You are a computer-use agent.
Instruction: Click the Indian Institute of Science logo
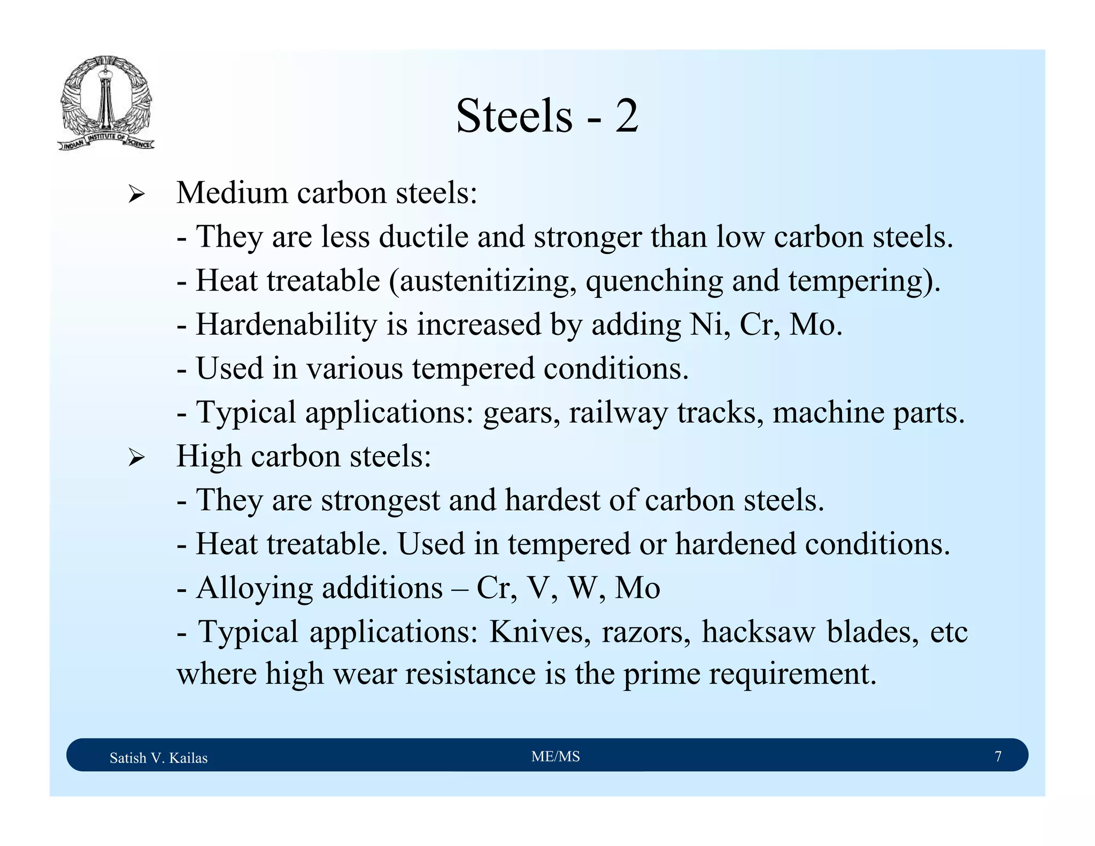(x=106, y=103)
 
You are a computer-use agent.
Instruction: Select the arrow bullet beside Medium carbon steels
(x=136, y=195)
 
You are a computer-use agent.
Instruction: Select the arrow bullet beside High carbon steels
(x=136, y=458)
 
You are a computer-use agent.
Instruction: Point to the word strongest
(x=380, y=501)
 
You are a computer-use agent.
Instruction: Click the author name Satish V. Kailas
(x=158, y=758)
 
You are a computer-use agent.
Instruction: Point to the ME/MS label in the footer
(x=556, y=756)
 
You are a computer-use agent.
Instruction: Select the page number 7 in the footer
(x=998, y=756)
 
